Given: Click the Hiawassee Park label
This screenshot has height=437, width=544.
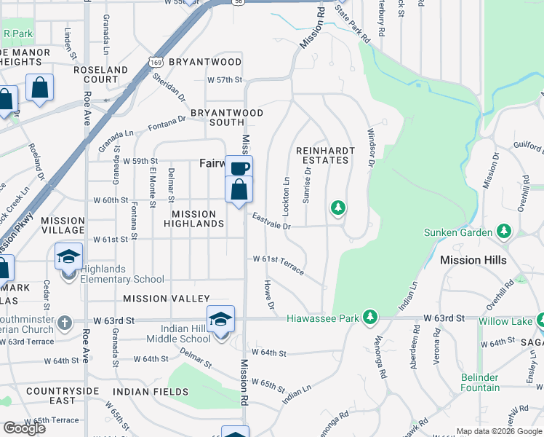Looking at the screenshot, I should coord(323,318).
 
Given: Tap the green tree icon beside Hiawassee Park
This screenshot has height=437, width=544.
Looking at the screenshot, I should coord(371,318).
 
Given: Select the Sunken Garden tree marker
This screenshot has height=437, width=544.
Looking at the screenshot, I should coord(503,232).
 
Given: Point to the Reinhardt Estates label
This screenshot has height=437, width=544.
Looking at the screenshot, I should coord(323,154).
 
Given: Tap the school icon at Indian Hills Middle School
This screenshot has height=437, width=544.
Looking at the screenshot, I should coord(220,320).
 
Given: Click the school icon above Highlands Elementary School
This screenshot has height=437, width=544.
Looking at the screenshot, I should coord(69,257).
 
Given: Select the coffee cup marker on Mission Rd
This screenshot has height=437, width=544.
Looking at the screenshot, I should coord(239,168).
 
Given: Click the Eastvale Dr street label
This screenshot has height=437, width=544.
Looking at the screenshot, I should coord(272,221).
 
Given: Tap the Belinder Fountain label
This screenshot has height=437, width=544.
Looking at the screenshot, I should coord(480,382).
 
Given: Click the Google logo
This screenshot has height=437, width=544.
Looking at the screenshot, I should coord(24,428).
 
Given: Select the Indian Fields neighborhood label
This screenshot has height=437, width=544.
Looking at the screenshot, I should coord(156,392).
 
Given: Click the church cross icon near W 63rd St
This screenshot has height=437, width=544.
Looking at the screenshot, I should coord(65,321).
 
